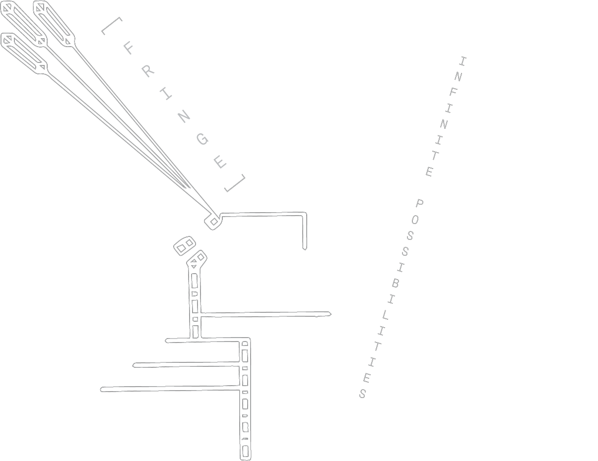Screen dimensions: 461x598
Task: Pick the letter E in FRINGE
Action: click(x=220, y=162)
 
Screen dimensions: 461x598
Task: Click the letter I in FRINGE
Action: click(x=166, y=94)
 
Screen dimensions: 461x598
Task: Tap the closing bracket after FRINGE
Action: click(x=236, y=183)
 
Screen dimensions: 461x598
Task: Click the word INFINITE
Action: click(x=446, y=116)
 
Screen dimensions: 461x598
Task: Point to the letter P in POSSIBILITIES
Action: click(x=419, y=203)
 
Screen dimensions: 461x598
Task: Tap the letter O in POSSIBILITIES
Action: click(x=415, y=219)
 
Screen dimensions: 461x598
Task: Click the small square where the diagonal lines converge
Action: click(x=213, y=221)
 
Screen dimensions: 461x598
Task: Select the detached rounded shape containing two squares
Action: click(x=184, y=245)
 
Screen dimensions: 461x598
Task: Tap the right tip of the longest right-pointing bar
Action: click(x=330, y=313)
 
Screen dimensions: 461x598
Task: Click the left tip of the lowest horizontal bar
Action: click(x=102, y=390)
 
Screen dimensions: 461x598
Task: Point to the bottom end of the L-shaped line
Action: click(x=305, y=247)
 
